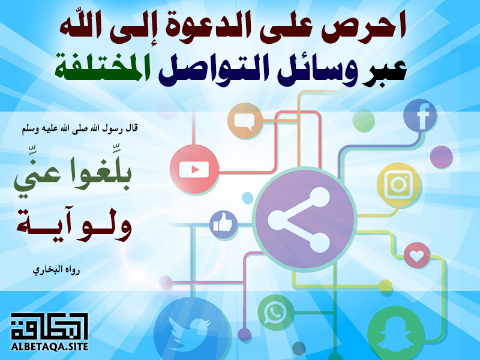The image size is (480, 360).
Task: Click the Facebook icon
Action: click(x=420, y=116)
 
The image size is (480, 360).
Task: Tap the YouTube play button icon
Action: click(x=194, y=169)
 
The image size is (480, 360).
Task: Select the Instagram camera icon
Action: click(x=398, y=184)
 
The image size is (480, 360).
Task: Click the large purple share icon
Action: click(x=306, y=220)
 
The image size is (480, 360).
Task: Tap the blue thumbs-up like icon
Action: click(x=224, y=224)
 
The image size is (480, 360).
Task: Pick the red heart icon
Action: click(x=416, y=256)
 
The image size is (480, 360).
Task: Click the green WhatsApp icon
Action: click(x=275, y=313)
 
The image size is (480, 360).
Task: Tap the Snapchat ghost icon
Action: click(x=396, y=334)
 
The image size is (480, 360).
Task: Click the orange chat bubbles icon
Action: click(x=245, y=121)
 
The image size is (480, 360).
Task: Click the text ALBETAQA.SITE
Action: click(x=50, y=347)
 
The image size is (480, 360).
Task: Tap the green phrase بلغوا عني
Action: click(x=73, y=176)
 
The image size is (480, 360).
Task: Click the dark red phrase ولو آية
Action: click(x=74, y=224)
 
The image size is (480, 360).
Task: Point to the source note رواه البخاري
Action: click(x=56, y=270)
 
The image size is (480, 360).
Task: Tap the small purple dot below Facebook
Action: click(x=442, y=157)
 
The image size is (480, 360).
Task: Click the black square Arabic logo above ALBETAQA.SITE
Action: click(x=49, y=326)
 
